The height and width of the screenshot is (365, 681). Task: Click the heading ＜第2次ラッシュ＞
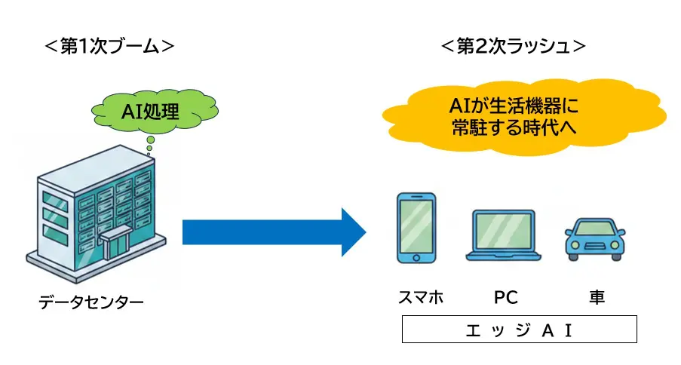coord(513,47)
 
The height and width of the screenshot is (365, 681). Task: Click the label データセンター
coord(91,303)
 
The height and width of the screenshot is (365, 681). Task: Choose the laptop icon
coord(504,236)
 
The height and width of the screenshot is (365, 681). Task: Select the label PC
coord(505,297)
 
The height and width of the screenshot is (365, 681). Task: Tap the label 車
coord(597,297)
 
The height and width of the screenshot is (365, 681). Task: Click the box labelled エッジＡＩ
coord(519,330)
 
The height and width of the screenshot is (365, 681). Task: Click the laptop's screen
coord(504,231)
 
